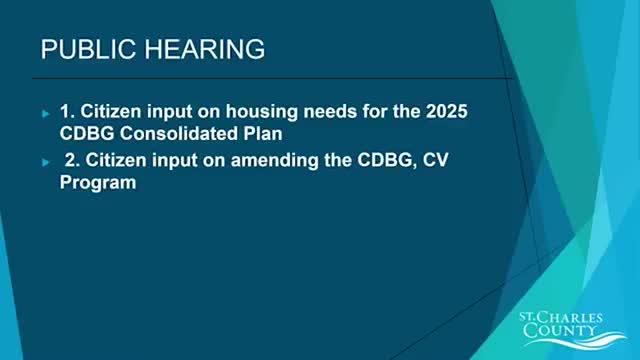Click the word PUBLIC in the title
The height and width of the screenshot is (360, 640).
click(88, 49)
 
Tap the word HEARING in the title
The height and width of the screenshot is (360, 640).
click(204, 49)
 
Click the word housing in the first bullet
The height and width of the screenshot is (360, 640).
click(262, 112)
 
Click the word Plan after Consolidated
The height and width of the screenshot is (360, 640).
click(263, 133)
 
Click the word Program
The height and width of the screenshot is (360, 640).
click(98, 182)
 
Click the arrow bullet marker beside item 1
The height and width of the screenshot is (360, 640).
click(46, 113)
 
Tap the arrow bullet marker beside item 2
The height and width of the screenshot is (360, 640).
click(46, 162)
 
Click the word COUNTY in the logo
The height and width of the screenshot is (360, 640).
click(560, 330)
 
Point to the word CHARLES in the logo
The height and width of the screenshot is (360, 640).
click(574, 318)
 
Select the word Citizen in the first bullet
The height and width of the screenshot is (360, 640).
click(110, 111)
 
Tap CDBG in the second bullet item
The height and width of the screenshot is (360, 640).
click(387, 160)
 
